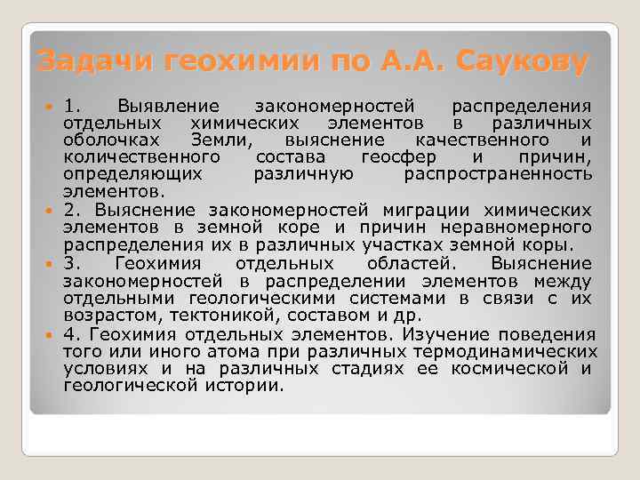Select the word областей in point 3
coord(408,264)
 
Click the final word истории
coord(252,385)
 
